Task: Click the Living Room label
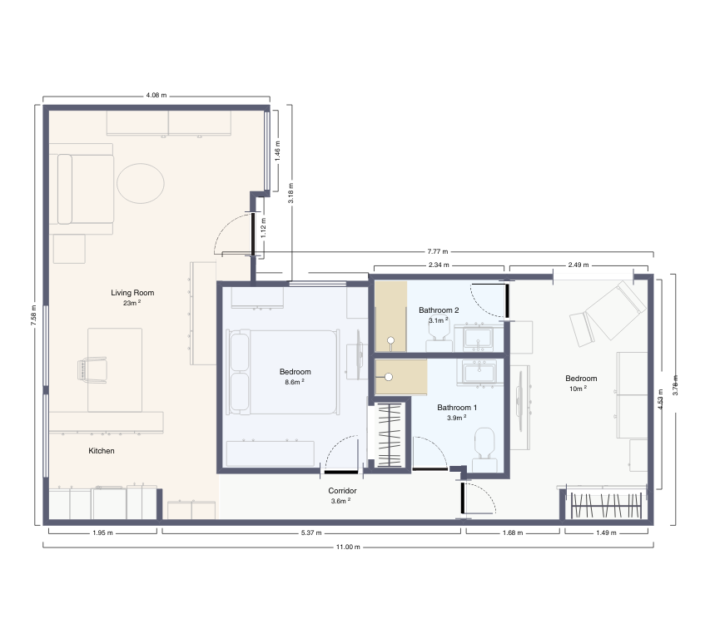132,293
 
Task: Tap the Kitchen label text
102,451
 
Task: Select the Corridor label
342,491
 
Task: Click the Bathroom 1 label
457,408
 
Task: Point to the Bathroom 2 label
439,310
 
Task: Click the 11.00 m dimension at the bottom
348,547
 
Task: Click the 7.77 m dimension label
437,251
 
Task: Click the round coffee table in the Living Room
140,183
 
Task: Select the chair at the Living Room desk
93,368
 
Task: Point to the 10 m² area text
578,388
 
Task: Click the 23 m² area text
132,303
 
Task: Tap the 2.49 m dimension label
578,265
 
